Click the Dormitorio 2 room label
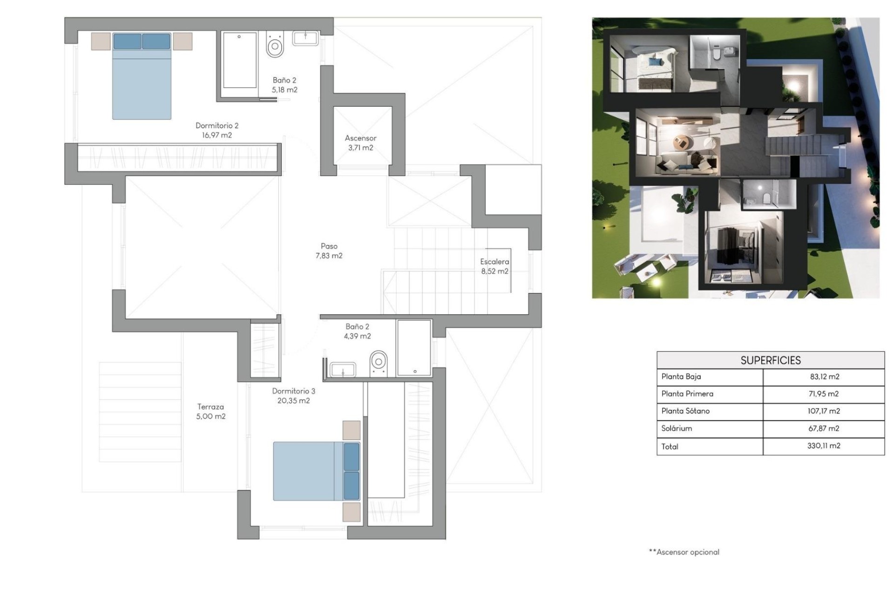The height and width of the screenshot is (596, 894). pos(217,130)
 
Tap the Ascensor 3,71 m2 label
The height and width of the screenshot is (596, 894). pos(360,143)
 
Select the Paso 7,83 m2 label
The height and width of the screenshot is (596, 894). pos(329,251)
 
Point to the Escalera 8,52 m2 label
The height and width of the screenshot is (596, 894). pos(494,266)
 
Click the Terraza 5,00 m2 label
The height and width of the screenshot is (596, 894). pos(210,412)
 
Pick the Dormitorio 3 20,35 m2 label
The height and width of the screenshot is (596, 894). pos(293,396)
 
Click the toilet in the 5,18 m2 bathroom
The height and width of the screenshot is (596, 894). pos(275,45)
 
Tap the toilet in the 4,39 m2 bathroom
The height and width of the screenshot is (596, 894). pos(379,362)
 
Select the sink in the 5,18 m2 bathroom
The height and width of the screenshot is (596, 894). pos(305,38)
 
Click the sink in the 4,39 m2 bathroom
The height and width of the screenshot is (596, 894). pos(343,370)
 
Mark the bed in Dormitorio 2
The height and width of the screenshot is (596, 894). pos(142,77)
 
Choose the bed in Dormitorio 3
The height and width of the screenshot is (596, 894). pos(316,471)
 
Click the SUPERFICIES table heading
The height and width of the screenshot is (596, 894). pos(770,360)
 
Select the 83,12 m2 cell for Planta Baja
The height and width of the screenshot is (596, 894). pos(824,377)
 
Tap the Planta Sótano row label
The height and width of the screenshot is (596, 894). pos(685,411)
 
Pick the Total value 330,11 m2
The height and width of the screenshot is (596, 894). pos(824,446)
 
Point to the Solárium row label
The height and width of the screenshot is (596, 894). pos(677,428)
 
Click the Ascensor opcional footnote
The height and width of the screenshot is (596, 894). pos(684,552)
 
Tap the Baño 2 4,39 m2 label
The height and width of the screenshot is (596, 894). pos(357,331)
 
